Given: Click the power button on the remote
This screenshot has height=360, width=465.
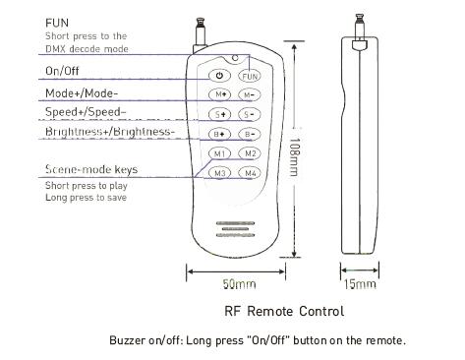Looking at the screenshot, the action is [219, 76].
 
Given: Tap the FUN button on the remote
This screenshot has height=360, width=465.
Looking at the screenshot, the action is [250, 76].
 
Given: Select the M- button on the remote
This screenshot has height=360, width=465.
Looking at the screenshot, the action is [249, 95].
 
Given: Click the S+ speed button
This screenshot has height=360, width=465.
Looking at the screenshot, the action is [220, 114].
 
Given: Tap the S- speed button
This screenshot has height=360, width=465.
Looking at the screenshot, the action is [249, 114].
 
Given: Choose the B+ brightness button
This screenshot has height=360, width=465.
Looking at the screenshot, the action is [220, 134].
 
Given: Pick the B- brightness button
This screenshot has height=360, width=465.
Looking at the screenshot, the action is [249, 134].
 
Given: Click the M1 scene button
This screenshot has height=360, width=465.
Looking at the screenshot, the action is [220, 153].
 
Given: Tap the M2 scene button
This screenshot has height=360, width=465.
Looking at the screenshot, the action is [250, 153].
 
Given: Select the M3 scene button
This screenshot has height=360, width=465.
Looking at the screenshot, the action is [220, 173].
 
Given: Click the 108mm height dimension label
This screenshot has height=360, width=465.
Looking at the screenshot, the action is [294, 157].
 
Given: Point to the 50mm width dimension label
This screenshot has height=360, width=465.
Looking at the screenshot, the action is [239, 284].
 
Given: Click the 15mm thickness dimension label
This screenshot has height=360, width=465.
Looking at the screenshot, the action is [360, 284].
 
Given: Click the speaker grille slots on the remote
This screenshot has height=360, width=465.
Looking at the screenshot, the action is [236, 229].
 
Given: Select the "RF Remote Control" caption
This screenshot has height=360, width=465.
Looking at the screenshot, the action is [284, 311].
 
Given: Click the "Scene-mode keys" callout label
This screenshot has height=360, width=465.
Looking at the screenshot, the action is [91, 169].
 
